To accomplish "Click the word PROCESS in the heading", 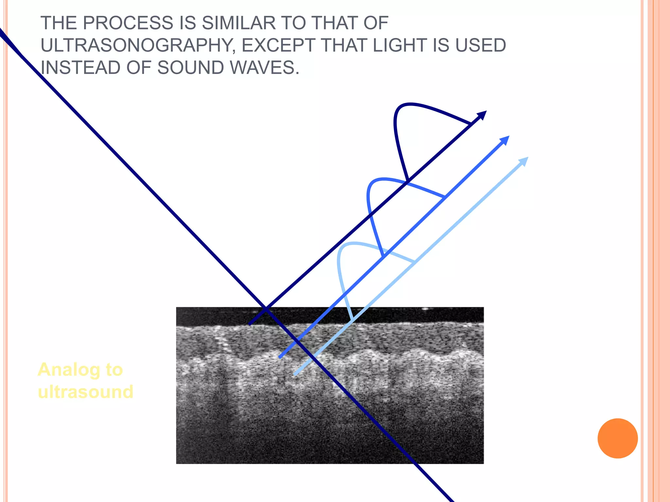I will (128, 23).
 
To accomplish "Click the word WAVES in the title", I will (264, 68).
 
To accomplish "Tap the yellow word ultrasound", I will (86, 392).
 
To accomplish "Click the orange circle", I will (617, 438).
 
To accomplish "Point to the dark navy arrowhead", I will (482, 115).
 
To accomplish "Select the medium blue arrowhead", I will (505, 140).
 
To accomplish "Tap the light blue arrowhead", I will (524, 161).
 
